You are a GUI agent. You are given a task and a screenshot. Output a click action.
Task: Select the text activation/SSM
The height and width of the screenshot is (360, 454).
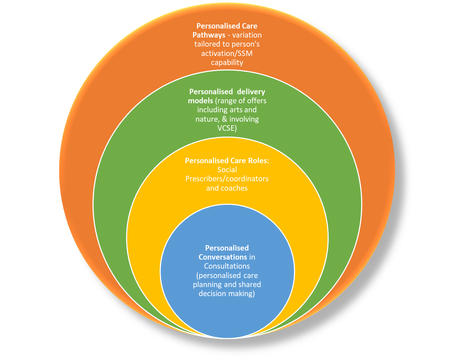(227, 53)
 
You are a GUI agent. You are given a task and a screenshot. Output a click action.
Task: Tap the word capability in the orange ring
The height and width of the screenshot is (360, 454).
(227, 62)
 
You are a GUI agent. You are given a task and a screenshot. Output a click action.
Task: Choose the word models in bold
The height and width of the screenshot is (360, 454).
(200, 101)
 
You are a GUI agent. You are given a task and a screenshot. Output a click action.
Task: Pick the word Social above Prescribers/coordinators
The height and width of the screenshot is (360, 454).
(227, 170)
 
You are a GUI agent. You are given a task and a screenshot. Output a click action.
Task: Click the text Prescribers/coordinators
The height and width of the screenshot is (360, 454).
(227, 179)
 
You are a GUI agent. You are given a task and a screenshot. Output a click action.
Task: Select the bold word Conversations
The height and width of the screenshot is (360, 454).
(222, 257)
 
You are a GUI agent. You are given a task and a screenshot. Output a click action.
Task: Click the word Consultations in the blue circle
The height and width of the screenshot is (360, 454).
(227, 266)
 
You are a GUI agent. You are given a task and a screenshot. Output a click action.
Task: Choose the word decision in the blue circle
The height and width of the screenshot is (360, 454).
(212, 294)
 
